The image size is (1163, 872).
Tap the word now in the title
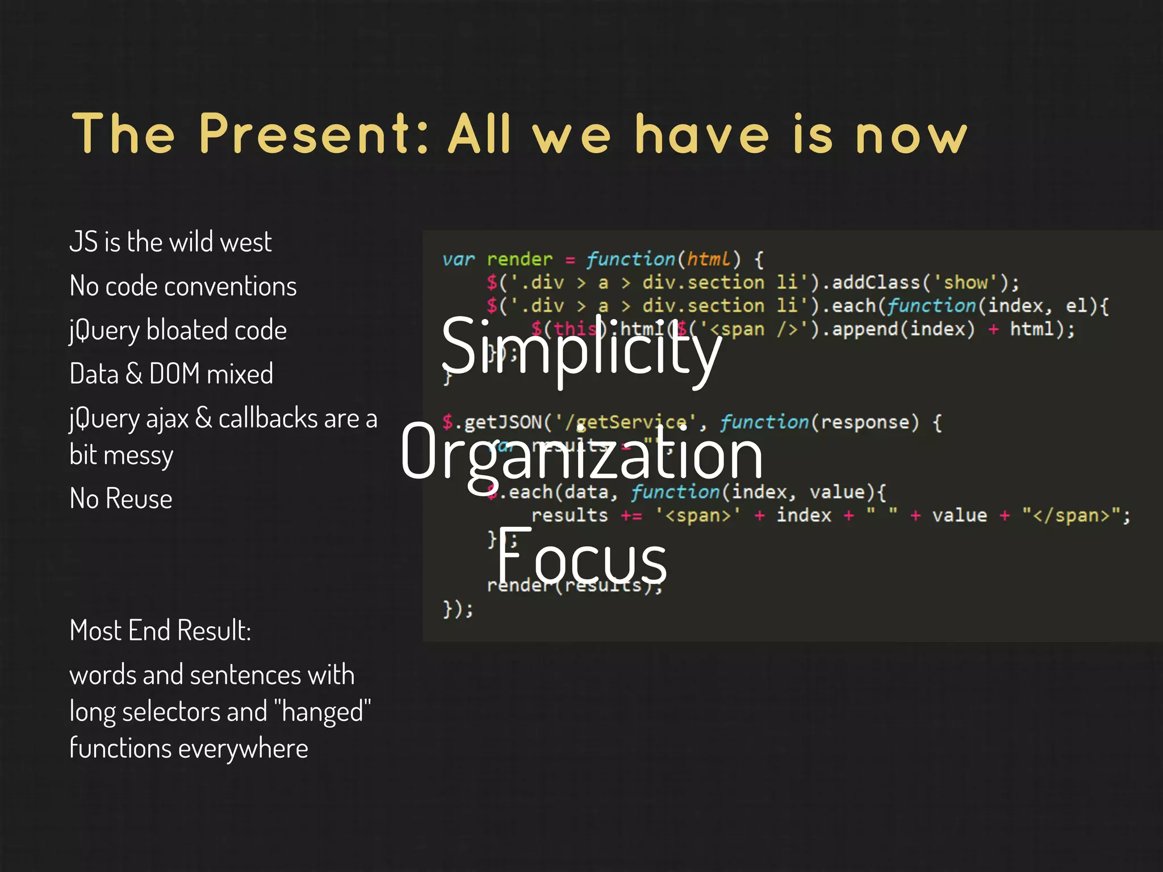911,136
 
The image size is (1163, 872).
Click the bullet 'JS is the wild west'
170,242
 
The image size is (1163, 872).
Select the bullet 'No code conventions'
183,286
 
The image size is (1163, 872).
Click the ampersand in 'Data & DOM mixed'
134,374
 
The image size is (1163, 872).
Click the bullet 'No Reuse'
120,499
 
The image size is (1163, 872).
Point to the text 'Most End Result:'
160,631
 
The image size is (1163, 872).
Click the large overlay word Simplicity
580,347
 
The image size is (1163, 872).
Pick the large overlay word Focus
580,559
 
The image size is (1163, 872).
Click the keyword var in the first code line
458,260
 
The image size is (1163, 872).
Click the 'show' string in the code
965,283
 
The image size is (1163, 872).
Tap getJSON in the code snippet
503,422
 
